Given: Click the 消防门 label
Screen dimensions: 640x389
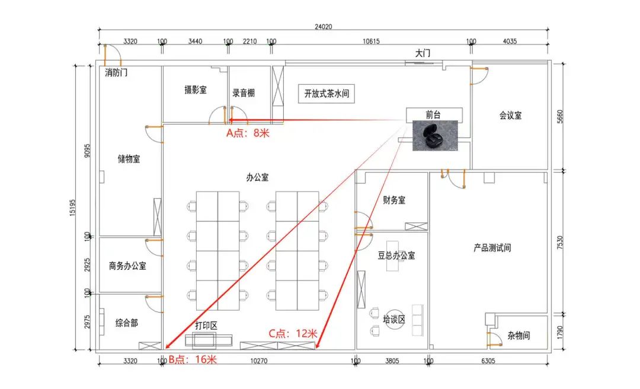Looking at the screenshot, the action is pyautogui.click(x=116, y=73).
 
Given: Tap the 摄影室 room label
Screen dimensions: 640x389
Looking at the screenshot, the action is pyautogui.click(x=196, y=90).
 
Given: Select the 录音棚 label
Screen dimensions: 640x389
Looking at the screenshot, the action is pyautogui.click(x=244, y=93).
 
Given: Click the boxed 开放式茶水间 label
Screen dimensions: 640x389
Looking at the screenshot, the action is pyautogui.click(x=327, y=94).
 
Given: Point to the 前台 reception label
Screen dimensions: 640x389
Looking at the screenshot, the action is pyautogui.click(x=433, y=115).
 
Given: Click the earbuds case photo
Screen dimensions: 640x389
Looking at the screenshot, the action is pyautogui.click(x=435, y=136).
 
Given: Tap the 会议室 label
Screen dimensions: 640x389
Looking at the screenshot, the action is pyautogui.click(x=511, y=115).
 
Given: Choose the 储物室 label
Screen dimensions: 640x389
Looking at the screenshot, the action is pyautogui.click(x=129, y=158).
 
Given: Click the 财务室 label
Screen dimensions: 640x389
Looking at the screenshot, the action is pyautogui.click(x=394, y=200).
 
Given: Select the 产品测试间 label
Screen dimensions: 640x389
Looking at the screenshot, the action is pyautogui.click(x=492, y=248).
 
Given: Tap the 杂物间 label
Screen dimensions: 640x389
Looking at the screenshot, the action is pyautogui.click(x=519, y=336).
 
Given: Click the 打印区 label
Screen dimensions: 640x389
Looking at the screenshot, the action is pyautogui.click(x=206, y=326).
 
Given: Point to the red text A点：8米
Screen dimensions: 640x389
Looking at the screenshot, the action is pyautogui.click(x=248, y=133).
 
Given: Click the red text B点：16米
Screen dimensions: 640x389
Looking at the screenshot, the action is pyautogui.click(x=193, y=359).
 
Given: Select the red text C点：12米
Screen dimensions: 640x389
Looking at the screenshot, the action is pyautogui.click(x=293, y=333).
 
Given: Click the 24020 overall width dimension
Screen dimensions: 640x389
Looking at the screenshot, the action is pyautogui.click(x=324, y=27).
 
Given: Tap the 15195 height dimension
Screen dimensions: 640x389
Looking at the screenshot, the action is pyautogui.click(x=72, y=208).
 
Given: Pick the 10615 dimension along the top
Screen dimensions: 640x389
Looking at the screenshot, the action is pyautogui.click(x=371, y=42).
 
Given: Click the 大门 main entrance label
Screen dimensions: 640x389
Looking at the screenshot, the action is pyautogui.click(x=423, y=53).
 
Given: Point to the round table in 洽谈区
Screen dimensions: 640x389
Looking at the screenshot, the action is pyautogui.click(x=394, y=319).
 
